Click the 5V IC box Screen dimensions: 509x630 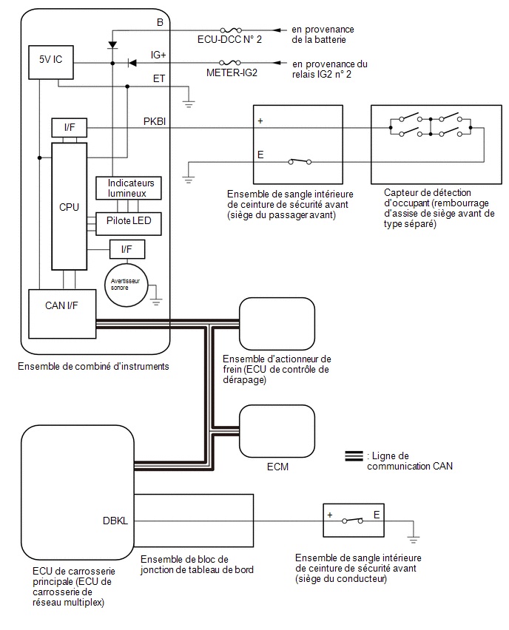[50, 62]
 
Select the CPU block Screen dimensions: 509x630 [69, 206]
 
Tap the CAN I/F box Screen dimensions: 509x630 [62, 314]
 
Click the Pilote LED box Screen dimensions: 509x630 [128, 224]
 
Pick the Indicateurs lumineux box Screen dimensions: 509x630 [128, 188]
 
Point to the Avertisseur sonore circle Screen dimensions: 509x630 [127, 285]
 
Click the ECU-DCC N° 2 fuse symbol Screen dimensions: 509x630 [231, 30]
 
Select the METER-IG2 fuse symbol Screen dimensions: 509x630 [230, 63]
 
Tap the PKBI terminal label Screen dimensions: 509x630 [155, 121]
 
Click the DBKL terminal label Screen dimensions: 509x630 [115, 521]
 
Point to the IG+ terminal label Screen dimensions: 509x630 [158, 55]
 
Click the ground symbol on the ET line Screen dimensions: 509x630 [189, 104]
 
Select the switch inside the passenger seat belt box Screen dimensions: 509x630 [300, 161]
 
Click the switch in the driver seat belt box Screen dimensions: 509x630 [352, 521]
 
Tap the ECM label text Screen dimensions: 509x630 [277, 467]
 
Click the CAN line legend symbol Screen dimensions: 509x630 [354, 456]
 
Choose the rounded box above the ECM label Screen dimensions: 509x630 [277, 430]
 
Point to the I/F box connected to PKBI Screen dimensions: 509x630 [69, 128]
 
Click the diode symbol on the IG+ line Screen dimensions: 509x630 [132, 63]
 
